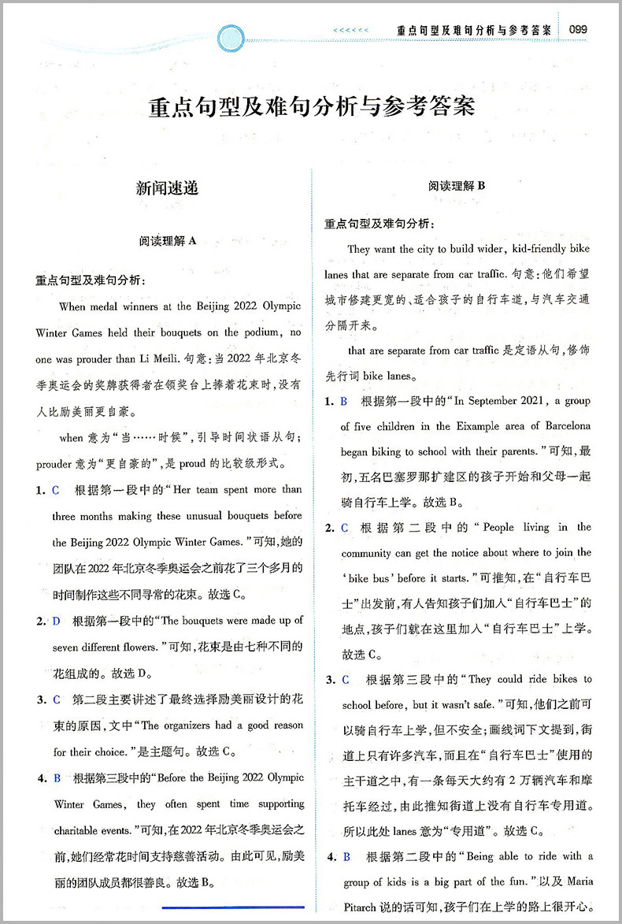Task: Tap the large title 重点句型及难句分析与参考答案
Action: pyautogui.click(x=313, y=106)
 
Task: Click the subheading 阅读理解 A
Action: pyautogui.click(x=166, y=242)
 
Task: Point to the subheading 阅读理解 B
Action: pyautogui.click(x=457, y=186)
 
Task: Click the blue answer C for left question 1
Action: pyautogui.click(x=56, y=490)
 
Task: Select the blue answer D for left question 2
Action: pyautogui.click(x=56, y=622)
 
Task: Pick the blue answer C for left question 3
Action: pyautogui.click(x=56, y=699)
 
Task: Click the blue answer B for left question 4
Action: pyautogui.click(x=57, y=778)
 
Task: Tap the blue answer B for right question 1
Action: pyautogui.click(x=344, y=401)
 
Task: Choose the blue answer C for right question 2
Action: pyautogui.click(x=345, y=528)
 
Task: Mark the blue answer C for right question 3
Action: pyautogui.click(x=345, y=680)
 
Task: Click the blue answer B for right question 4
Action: pyautogui.click(x=345, y=856)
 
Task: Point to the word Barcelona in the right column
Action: pyautogui.click(x=564, y=426)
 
